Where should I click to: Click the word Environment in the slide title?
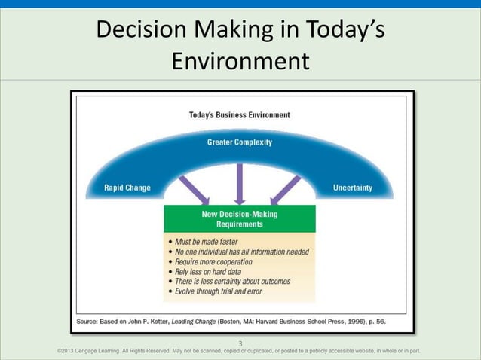pyautogui.click(x=240, y=59)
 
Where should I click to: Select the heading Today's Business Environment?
pyautogui.click(x=239, y=115)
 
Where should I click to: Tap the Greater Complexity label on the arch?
pyautogui.click(x=240, y=142)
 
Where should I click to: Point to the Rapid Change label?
pyautogui.click(x=127, y=188)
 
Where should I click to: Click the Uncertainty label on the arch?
pyautogui.click(x=352, y=188)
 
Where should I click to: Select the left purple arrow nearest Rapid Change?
pyautogui.click(x=195, y=189)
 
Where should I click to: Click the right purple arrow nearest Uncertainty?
pyautogui.click(x=285, y=189)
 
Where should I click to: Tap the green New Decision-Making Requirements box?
pyautogui.click(x=240, y=219)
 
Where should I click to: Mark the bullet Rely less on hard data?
pyautogui.click(x=208, y=271)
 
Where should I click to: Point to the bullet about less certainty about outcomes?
pyautogui.click(x=229, y=281)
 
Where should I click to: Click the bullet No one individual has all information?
pyautogui.click(x=240, y=252)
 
